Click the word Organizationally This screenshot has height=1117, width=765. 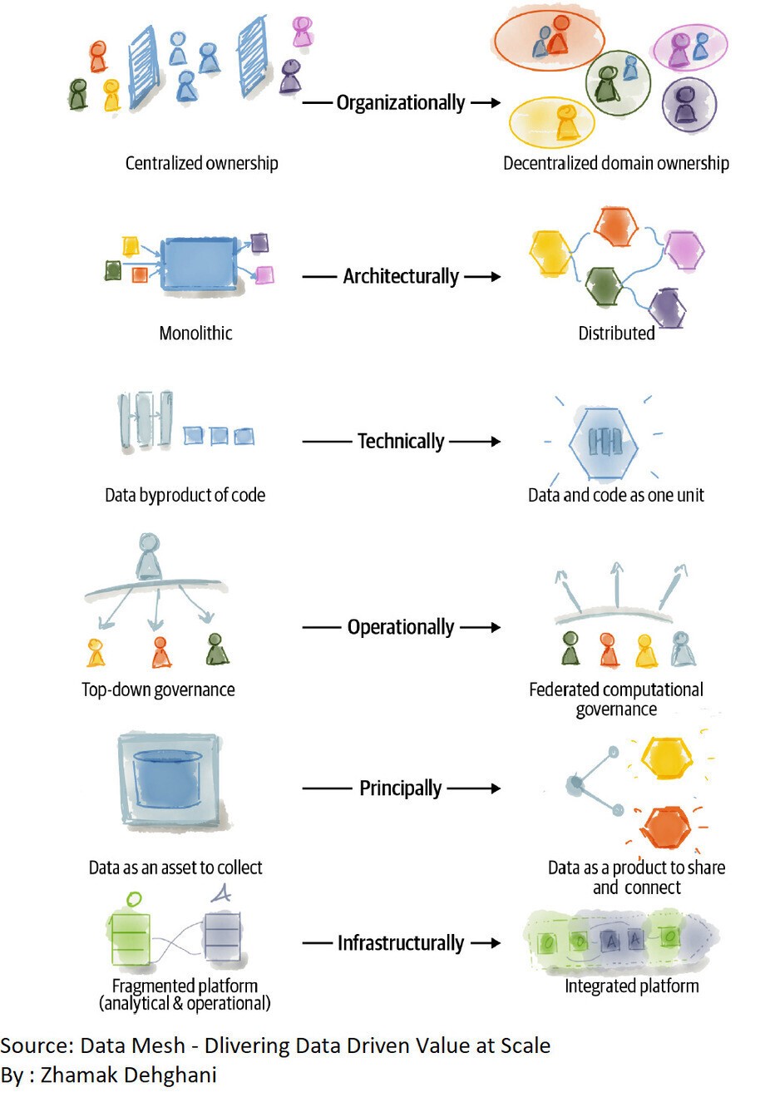400,102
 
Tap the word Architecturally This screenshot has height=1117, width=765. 400,276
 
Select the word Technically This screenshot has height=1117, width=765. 400,441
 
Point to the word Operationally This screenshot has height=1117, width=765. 400,627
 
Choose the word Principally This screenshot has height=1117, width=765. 400,788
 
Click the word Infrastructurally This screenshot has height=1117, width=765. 400,943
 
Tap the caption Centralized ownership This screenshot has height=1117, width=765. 201,163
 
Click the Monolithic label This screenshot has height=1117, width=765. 195,334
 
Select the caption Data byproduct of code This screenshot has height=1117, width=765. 185,496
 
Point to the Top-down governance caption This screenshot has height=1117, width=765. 158,689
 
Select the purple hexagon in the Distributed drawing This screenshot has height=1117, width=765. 667,308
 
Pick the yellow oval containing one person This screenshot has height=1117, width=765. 552,122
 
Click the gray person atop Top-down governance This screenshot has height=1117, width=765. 149,556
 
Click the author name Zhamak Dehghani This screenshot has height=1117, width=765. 128,1075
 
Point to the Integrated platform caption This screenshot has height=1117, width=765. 631,986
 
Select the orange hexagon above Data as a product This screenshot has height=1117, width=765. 666,828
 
